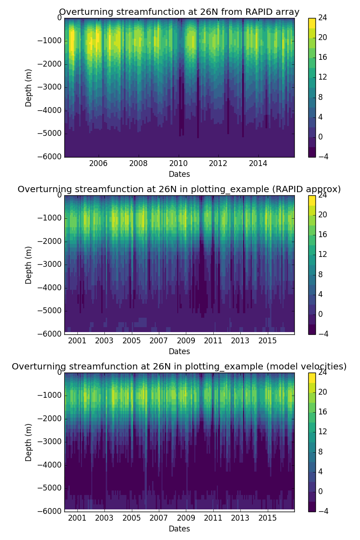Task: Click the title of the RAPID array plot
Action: click(179, 12)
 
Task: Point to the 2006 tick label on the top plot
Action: click(99, 163)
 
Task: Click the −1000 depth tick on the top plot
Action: click(51, 41)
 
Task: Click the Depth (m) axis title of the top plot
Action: click(29, 87)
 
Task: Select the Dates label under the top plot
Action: click(179, 174)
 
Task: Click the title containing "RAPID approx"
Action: click(179, 189)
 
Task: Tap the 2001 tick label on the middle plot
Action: click(77, 341)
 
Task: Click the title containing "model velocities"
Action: click(179, 367)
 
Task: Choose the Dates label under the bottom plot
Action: click(179, 529)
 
